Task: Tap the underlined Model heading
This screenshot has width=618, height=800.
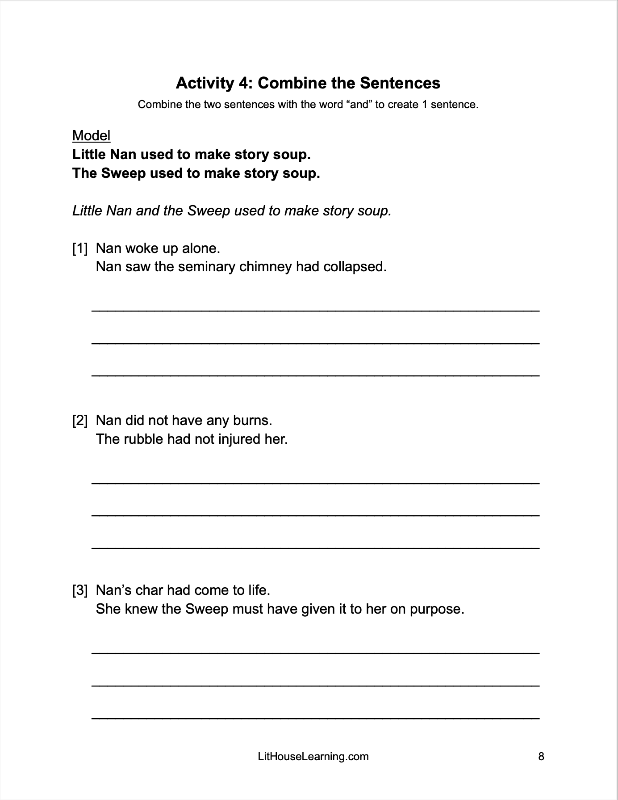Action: point(91,135)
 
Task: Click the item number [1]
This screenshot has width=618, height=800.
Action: point(80,248)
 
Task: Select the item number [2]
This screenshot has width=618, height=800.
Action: point(80,420)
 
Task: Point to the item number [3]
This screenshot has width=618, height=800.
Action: point(80,590)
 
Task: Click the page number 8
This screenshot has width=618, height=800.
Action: point(541,756)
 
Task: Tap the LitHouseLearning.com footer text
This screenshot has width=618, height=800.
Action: point(313,756)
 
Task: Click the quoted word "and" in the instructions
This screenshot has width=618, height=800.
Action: point(359,105)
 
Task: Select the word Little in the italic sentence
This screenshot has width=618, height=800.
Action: point(88,211)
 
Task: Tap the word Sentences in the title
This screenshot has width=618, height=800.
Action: point(400,83)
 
